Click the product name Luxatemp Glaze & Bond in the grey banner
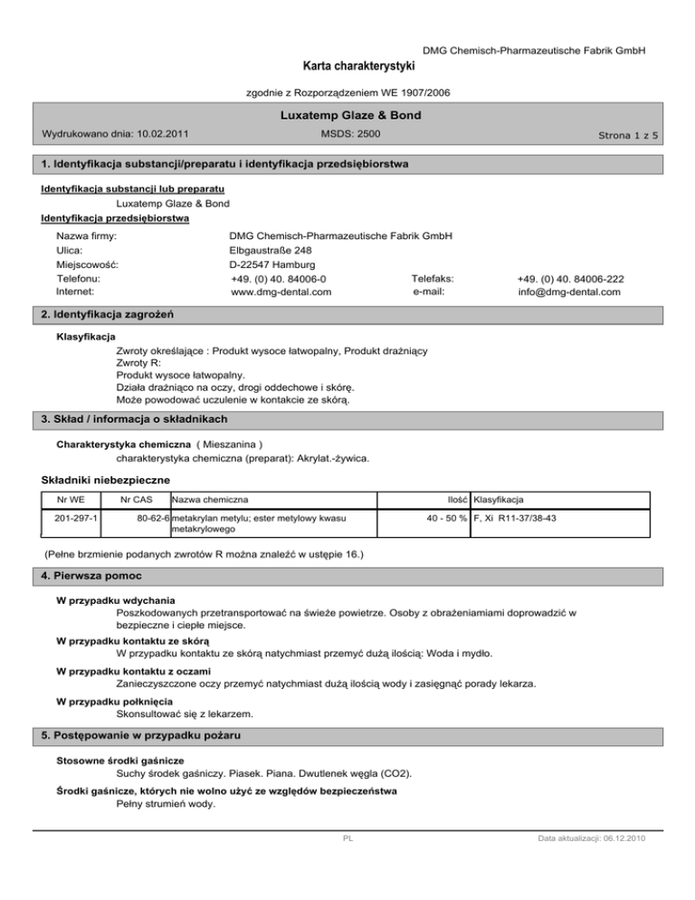pyautogui.click(x=347, y=116)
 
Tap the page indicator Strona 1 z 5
pyautogui.click(x=624, y=136)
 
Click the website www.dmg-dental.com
pyautogui.click(x=281, y=292)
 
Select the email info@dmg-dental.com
pyautogui.click(x=569, y=292)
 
